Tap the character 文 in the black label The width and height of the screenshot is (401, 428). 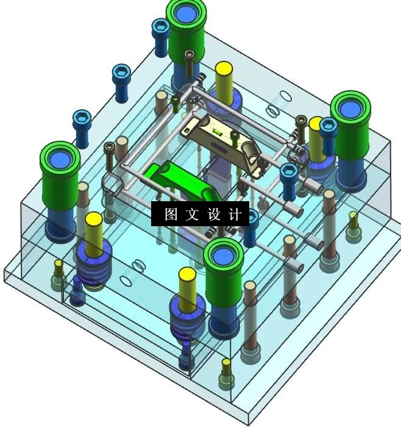point(191,215)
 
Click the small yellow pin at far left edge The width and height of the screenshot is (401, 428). point(58,269)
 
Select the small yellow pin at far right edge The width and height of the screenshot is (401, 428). point(353,219)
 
